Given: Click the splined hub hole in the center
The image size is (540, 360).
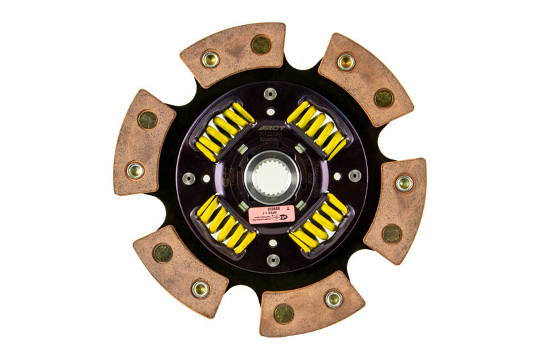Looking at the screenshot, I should [x=271, y=178].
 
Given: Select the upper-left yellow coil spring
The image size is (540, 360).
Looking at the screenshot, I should [x=225, y=132].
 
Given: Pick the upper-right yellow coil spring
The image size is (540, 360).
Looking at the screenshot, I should [x=317, y=130].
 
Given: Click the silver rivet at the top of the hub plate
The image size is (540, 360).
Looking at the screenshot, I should [x=271, y=94].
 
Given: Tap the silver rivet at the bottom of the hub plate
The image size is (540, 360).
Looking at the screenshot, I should [x=273, y=260].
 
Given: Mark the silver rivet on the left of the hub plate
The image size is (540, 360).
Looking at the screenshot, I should [x=189, y=178].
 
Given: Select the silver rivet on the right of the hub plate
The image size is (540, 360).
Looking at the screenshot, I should [x=354, y=176].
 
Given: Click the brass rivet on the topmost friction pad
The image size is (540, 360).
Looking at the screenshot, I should [x=211, y=59].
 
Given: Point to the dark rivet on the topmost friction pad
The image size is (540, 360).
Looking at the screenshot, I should [x=261, y=45].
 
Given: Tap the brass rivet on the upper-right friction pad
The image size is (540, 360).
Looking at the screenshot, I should [x=346, y=62].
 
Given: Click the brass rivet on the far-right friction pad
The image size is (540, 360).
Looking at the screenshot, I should [x=404, y=183].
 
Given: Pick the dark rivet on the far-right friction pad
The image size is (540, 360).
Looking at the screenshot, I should [x=392, y=234].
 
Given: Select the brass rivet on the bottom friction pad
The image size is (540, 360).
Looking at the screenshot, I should [x=333, y=299].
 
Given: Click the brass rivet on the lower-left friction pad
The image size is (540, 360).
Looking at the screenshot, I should [x=200, y=289].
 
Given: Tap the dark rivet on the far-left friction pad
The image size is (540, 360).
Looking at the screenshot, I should [x=148, y=120].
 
